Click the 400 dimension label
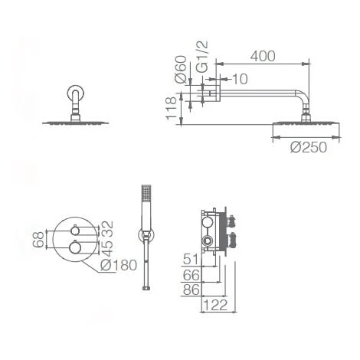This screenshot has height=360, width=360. pos(263,56)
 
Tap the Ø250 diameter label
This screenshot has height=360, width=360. pos(309,147)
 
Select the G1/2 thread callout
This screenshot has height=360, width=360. pos(203,57)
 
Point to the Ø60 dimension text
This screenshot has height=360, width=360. pos(181,69)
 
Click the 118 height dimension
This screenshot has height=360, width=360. pos(171,108)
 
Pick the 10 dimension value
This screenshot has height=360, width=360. pos(240,79)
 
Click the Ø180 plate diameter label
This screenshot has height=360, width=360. pos(119,265)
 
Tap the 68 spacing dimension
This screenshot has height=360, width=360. pos(38,239)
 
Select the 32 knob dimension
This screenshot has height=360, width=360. pos(107,228)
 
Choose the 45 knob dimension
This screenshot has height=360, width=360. pos(107,248)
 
